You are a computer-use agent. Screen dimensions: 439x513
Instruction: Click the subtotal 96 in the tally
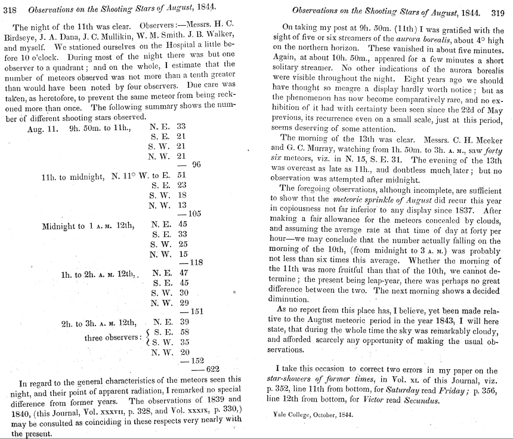195,165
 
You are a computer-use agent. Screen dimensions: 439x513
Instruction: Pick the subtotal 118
196,262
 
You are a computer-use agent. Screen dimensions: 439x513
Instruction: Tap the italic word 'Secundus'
419,400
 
